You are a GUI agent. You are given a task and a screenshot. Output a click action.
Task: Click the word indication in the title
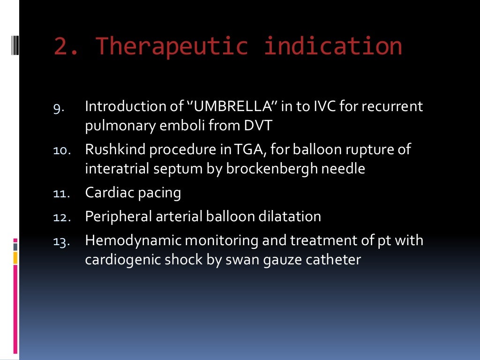click(x=333, y=46)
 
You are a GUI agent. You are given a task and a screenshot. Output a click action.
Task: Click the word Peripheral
click(x=120, y=217)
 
